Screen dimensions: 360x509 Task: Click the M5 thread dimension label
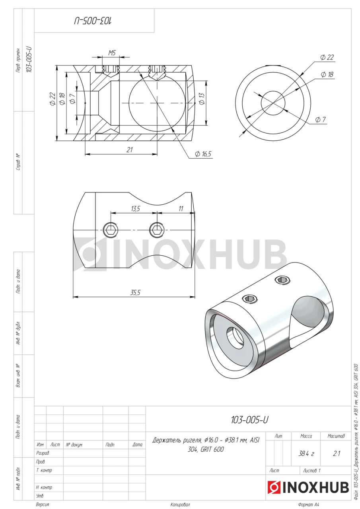(112, 53)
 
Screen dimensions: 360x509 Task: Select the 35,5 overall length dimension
(135, 292)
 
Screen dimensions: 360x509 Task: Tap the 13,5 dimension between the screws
(136, 209)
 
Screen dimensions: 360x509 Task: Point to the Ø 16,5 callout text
(203, 154)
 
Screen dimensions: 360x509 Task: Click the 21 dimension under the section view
(130, 150)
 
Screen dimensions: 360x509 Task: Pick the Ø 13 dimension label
(202, 99)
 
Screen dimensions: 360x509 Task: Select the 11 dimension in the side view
(181, 209)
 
